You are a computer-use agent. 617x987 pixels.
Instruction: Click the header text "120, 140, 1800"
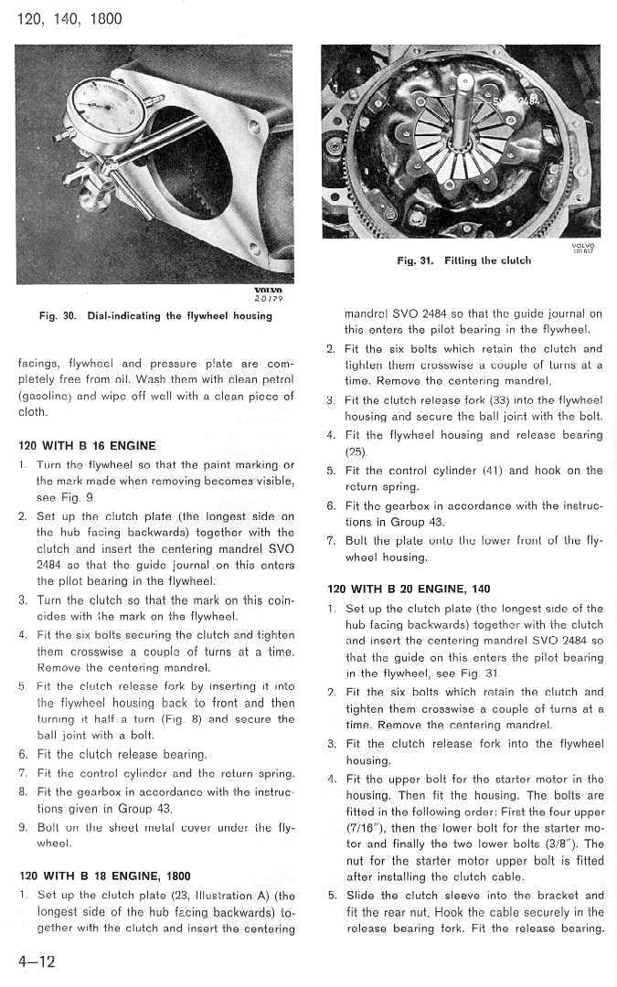coord(69,18)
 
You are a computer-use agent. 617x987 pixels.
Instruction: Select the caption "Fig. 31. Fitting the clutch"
coord(463,260)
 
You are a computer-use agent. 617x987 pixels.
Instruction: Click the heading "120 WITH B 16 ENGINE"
coord(87,446)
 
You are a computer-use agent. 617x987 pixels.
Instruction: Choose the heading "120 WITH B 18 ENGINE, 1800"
coord(104,876)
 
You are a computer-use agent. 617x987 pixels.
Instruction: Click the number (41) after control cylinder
coord(523,471)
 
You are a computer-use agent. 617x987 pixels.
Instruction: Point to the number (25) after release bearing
coord(356,451)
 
